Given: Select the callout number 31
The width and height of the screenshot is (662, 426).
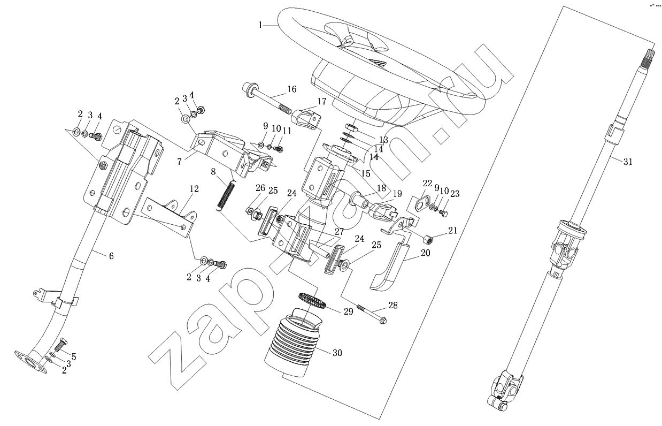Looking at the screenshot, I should (x=628, y=162).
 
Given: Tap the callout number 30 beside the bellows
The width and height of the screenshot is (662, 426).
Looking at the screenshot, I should (x=337, y=353).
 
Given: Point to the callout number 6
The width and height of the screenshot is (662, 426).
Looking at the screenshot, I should (x=111, y=256).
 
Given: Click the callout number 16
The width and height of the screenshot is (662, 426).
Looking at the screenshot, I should (x=291, y=89).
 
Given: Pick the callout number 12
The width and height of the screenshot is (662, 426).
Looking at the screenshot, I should (x=194, y=188).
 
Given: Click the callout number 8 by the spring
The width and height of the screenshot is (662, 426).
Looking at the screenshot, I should (x=213, y=173).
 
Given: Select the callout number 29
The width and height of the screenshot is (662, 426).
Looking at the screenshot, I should (x=348, y=311).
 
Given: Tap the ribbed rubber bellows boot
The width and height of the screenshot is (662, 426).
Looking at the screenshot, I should (x=293, y=340).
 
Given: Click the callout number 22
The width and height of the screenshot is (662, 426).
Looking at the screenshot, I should (x=427, y=184).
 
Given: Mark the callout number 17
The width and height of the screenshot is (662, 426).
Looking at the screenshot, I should (x=322, y=101).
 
